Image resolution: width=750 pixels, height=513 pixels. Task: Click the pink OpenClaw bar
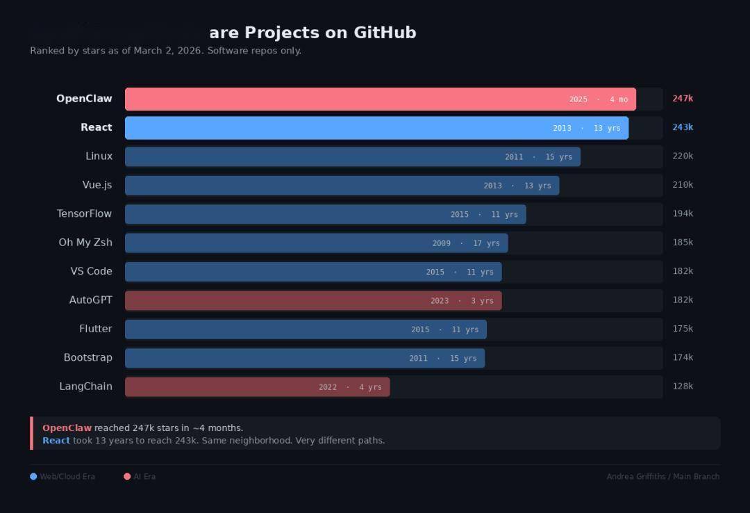pyautogui.click(x=347, y=99)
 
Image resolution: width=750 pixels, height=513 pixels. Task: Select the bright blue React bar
pyautogui.click(x=347, y=128)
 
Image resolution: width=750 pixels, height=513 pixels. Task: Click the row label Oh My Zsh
pyautogui.click(x=85, y=243)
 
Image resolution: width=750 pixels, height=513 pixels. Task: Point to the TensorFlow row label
pyautogui.click(x=84, y=214)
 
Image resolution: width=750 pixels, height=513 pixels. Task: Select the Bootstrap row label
pyautogui.click(x=87, y=358)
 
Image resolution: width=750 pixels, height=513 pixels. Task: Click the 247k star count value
pyautogui.click(x=683, y=99)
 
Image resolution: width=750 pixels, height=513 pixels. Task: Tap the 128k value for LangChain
pyautogui.click(x=683, y=386)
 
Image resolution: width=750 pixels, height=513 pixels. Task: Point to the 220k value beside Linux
pyautogui.click(x=683, y=156)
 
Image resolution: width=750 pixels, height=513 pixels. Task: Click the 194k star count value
pyautogui.click(x=683, y=214)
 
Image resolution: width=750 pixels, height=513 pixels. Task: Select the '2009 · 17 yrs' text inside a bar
pyautogui.click(x=466, y=243)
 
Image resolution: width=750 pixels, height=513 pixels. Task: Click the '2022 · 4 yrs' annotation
pyautogui.click(x=350, y=387)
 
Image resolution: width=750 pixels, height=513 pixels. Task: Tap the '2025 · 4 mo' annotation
pyautogui.click(x=598, y=99)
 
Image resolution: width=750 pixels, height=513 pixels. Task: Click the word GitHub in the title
pyautogui.click(x=385, y=33)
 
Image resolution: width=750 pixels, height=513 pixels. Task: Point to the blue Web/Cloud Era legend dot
pyautogui.click(x=33, y=477)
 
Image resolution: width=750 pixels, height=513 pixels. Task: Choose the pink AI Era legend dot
pyautogui.click(x=127, y=477)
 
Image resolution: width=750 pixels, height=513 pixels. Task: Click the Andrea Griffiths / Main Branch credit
pyautogui.click(x=662, y=477)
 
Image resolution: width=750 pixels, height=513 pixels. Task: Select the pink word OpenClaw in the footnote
pyautogui.click(x=67, y=428)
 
